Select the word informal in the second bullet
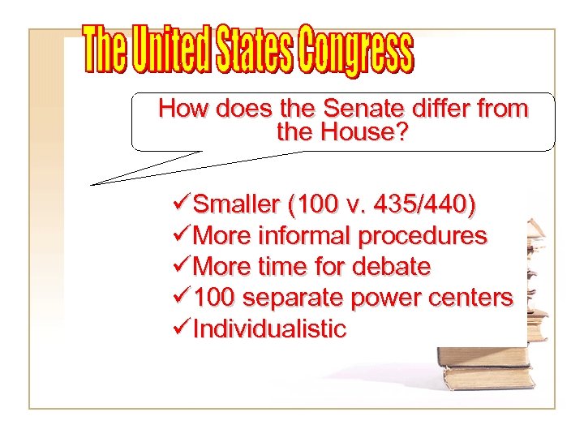304,236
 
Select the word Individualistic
270,329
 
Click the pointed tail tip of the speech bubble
92,184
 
